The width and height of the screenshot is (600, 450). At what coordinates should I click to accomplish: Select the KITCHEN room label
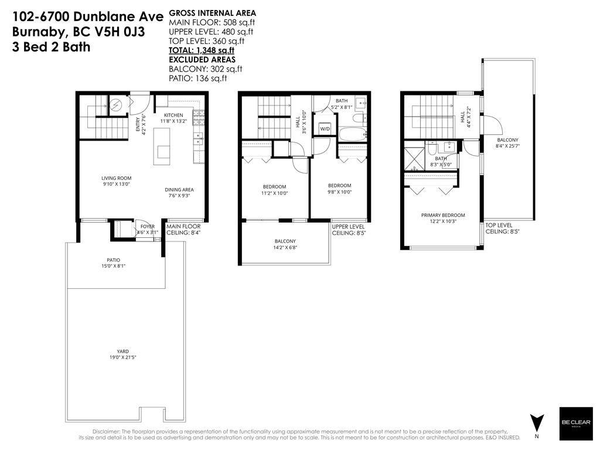173,115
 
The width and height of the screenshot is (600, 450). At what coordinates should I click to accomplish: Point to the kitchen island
163,146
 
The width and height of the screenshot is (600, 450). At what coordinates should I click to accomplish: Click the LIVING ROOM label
116,178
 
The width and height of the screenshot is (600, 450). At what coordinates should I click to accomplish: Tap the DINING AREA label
179,189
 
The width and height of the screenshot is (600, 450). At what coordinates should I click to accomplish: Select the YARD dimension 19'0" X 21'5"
122,357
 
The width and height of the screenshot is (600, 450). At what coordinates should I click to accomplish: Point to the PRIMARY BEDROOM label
443,215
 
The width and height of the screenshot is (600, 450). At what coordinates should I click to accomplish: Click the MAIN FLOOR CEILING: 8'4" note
183,229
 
